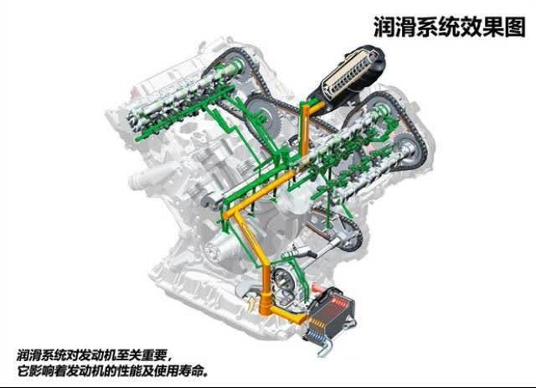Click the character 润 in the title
tap(384, 27)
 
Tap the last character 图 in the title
tap(514, 27)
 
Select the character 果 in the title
tap(493, 27)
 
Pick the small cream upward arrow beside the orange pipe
tap(251, 304)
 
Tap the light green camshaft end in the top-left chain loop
tap(235, 64)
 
